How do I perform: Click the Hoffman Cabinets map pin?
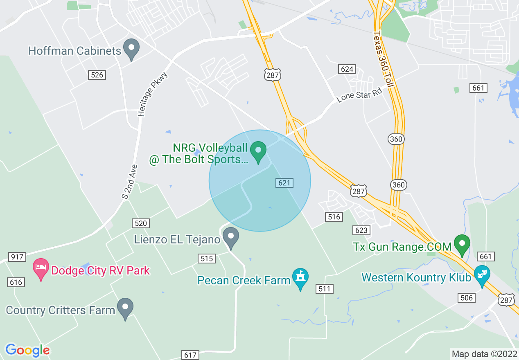click(x=131, y=49)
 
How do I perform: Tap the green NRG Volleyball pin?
click(x=258, y=151)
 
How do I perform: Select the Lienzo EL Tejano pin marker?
click(x=231, y=238)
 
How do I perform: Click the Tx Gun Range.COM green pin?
click(x=462, y=245)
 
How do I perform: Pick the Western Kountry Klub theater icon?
click(x=482, y=275)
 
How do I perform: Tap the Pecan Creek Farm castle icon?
click(x=301, y=279)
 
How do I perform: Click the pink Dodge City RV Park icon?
click(x=41, y=269)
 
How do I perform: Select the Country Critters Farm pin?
click(x=125, y=308)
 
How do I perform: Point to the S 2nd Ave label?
click(x=129, y=182)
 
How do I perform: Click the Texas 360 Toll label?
click(x=384, y=59)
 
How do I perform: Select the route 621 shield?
click(x=284, y=182)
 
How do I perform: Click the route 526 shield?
click(x=97, y=74)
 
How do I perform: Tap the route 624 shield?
click(x=347, y=69)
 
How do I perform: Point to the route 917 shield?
click(x=17, y=257)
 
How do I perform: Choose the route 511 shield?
click(x=324, y=289)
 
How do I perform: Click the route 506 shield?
click(x=467, y=297)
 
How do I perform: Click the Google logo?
click(x=27, y=350)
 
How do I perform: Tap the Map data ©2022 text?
click(x=484, y=354)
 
